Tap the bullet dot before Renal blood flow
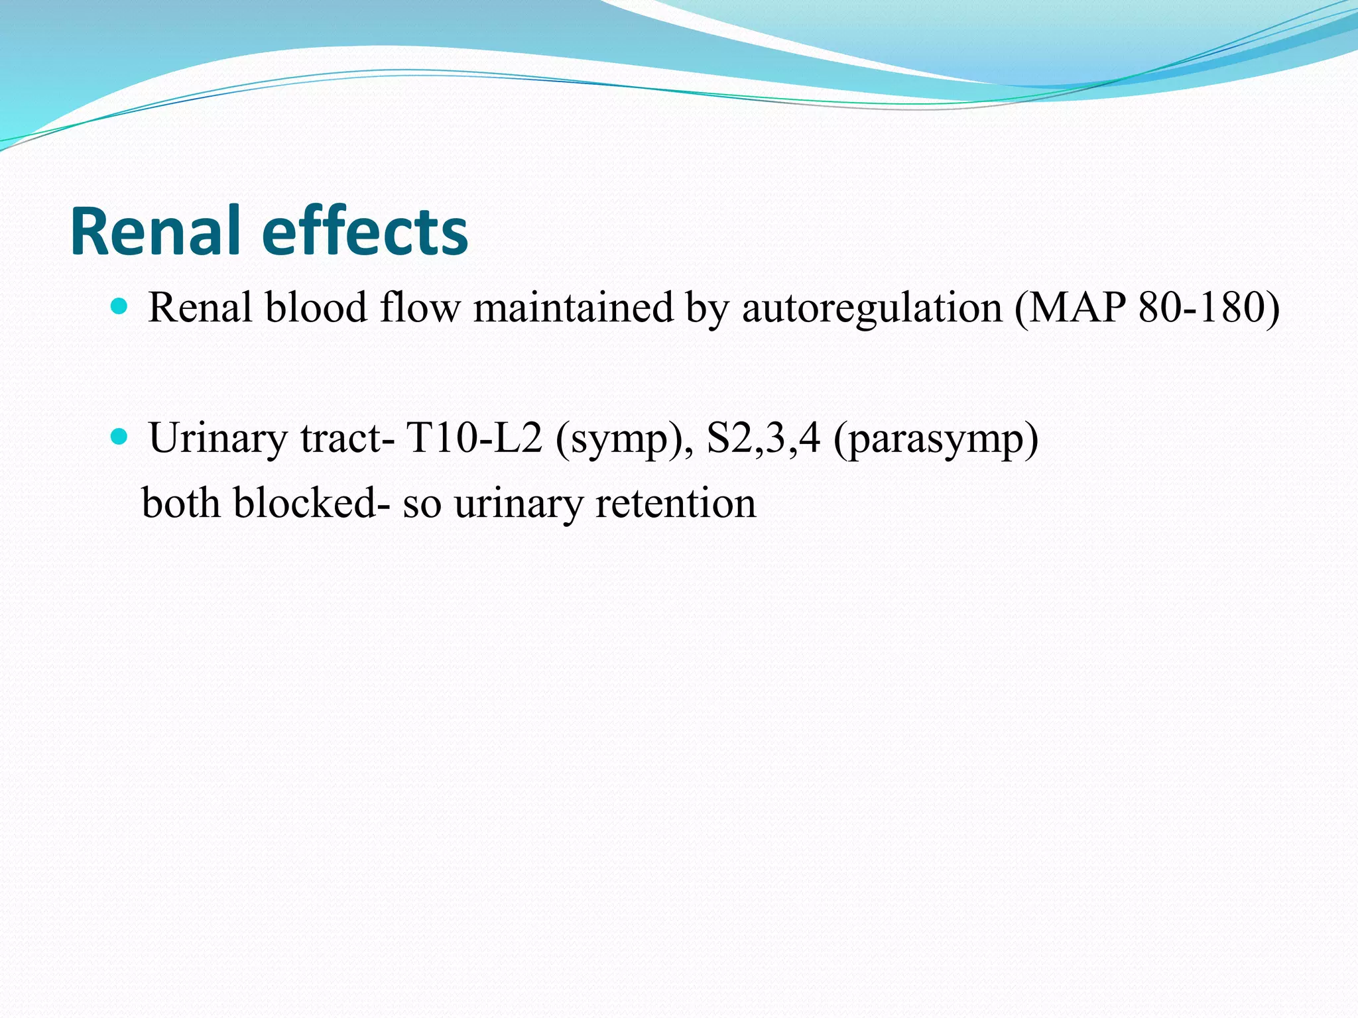pyautogui.click(x=119, y=306)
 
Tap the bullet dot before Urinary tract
pyautogui.click(x=119, y=436)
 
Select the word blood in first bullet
pyautogui.click(x=316, y=308)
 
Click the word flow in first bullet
pyautogui.click(x=420, y=308)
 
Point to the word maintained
pyautogui.click(x=573, y=308)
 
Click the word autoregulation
pyautogui.click(x=871, y=308)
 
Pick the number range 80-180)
pyautogui.click(x=1209, y=308)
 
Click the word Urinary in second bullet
pyautogui.click(x=218, y=439)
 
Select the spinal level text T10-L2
pyautogui.click(x=474, y=439)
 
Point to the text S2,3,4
pyautogui.click(x=763, y=439)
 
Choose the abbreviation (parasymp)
pyautogui.click(x=936, y=439)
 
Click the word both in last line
pyautogui.click(x=180, y=503)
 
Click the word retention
pyautogui.click(x=676, y=503)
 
